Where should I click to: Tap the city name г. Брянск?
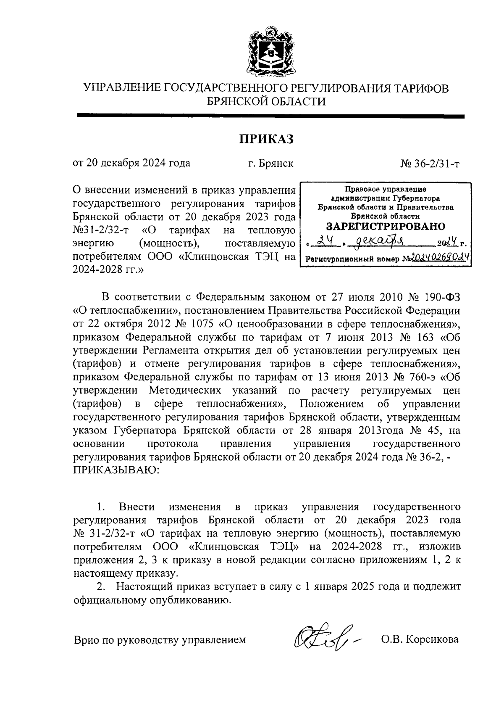tap(270, 163)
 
